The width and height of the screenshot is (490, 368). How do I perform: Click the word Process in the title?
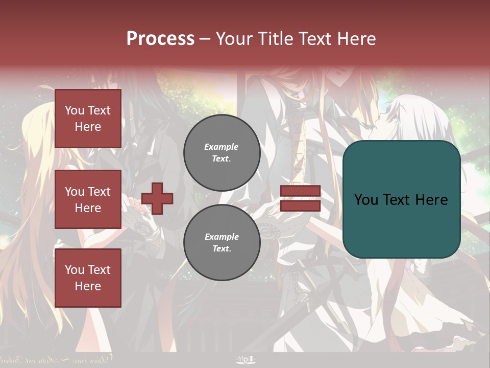[x=160, y=39]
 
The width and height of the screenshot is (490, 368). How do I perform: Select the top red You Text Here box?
[x=88, y=119]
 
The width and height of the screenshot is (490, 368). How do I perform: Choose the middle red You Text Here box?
[x=88, y=199]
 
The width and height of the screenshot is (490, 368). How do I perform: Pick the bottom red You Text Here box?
[x=88, y=278]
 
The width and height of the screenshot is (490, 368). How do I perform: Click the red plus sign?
[x=157, y=199]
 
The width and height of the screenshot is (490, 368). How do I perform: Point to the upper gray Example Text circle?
[x=222, y=153]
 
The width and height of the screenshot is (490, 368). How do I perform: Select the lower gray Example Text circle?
[x=222, y=243]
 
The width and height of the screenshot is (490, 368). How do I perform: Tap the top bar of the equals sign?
[x=300, y=191]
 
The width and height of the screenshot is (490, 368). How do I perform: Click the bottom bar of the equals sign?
[x=300, y=206]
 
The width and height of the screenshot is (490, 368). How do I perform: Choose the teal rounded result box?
[x=401, y=199]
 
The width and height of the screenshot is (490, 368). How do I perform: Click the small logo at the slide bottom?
[x=246, y=359]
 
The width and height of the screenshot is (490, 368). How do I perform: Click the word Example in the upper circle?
[x=222, y=147]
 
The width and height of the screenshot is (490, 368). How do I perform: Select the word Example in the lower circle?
[x=222, y=237]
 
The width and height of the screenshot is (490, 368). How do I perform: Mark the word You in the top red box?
[x=75, y=110]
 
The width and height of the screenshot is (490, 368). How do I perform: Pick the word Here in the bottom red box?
[x=88, y=286]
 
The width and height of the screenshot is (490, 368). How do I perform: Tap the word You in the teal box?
[x=366, y=200]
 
